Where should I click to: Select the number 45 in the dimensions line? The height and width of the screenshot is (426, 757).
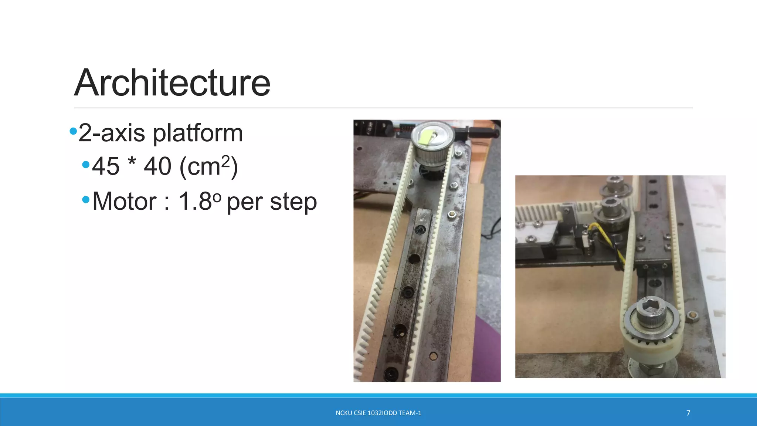[106, 166]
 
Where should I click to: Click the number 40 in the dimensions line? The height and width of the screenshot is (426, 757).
[158, 166]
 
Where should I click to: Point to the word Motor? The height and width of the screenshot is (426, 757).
[124, 202]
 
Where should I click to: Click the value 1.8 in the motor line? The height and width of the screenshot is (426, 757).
[195, 202]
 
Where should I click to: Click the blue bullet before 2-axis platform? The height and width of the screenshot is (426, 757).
[73, 131]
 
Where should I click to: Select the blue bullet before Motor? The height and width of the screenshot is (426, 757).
[86, 200]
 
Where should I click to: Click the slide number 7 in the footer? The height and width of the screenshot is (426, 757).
[688, 413]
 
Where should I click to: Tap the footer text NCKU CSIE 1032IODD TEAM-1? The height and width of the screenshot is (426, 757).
[378, 413]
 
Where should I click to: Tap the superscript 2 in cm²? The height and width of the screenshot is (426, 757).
[225, 160]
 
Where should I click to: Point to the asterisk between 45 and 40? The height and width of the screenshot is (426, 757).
[132, 161]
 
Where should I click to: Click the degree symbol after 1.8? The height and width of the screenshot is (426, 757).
[217, 197]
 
